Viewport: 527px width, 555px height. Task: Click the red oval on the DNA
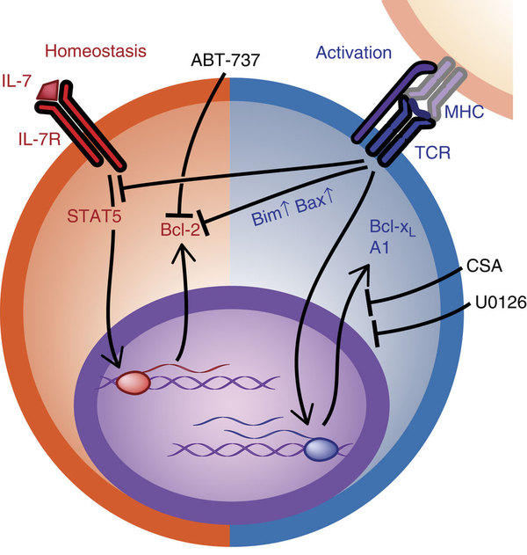pos(133,383)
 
